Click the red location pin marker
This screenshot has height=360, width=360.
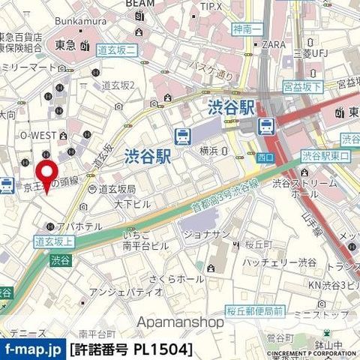point(49,175)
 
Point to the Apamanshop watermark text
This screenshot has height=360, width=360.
point(180,322)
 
